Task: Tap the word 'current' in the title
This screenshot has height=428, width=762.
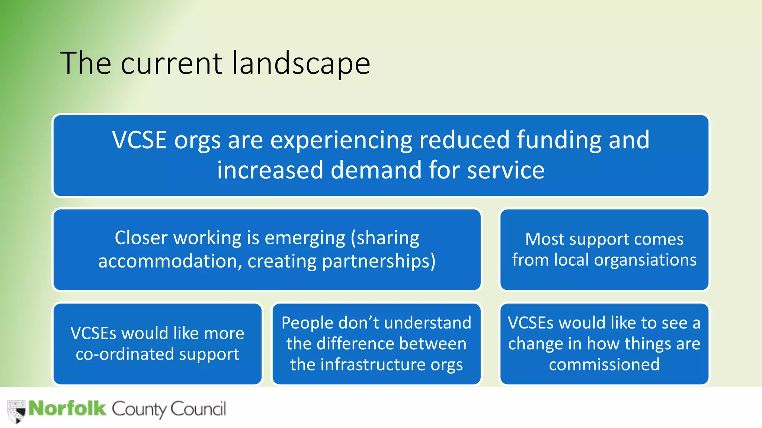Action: pyautogui.click(x=172, y=64)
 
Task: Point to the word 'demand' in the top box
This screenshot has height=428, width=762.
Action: pyautogui.click(x=376, y=170)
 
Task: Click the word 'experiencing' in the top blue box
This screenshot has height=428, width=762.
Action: pyautogui.click(x=342, y=140)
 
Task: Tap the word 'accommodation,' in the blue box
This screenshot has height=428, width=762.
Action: pyautogui.click(x=168, y=261)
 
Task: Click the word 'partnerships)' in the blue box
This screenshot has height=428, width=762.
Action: pyautogui.click(x=379, y=261)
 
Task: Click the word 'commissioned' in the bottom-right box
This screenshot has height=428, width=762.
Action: pyautogui.click(x=604, y=364)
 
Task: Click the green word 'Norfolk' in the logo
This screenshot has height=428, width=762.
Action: pyautogui.click(x=67, y=408)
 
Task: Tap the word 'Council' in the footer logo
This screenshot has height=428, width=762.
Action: pyautogui.click(x=198, y=409)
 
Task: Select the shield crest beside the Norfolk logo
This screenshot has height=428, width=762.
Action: pyautogui.click(x=16, y=411)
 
